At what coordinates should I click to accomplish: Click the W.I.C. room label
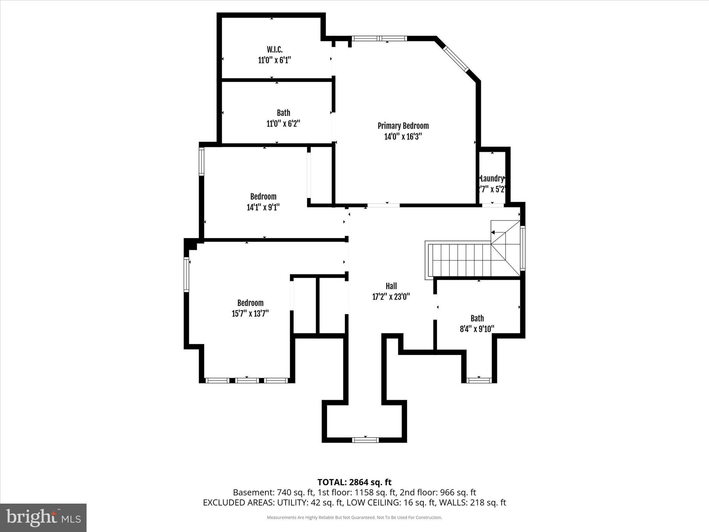click(x=275, y=49)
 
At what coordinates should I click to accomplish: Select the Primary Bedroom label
click(x=403, y=126)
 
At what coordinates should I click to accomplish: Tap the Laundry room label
click(x=492, y=178)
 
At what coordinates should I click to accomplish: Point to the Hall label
click(x=391, y=286)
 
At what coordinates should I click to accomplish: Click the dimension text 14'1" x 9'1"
click(x=263, y=207)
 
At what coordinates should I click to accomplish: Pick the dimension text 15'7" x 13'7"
click(x=250, y=313)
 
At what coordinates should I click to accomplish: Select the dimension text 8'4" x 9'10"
click(x=477, y=329)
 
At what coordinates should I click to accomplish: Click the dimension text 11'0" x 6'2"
click(x=283, y=124)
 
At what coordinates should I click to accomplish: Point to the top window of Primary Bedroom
click(x=379, y=38)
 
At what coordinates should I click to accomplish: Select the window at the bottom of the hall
click(x=365, y=440)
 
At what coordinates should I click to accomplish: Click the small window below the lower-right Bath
click(x=479, y=380)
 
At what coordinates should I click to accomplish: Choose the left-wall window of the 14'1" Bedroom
click(x=201, y=161)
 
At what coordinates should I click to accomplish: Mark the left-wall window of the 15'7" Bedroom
click(x=186, y=275)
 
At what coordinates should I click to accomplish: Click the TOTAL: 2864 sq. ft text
click(x=354, y=482)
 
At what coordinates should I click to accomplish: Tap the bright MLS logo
click(x=43, y=517)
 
